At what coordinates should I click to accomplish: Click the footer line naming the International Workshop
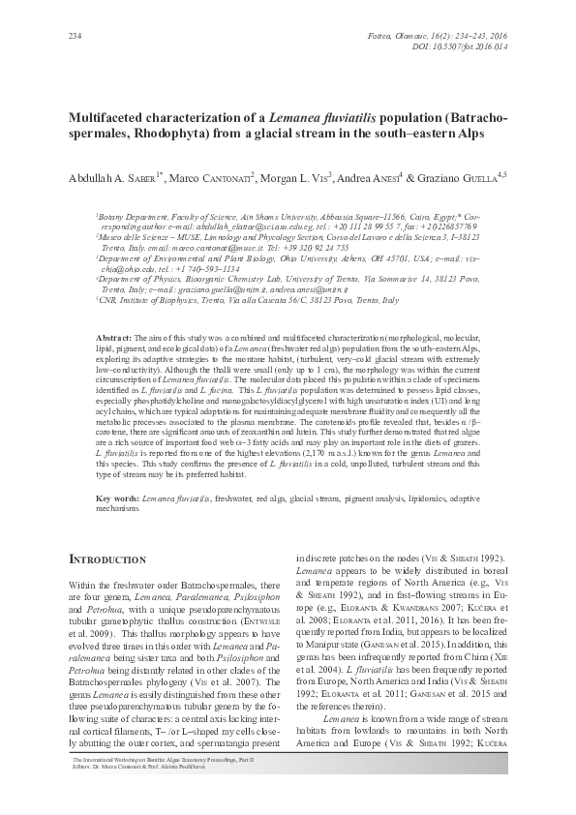[x=164, y=789]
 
